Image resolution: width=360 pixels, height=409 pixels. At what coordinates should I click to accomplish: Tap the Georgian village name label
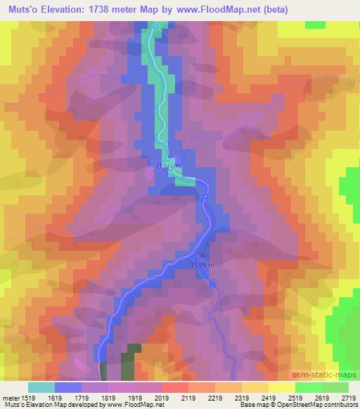coord(169,167)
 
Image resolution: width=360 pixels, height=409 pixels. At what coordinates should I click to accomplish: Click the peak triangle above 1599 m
coord(205,256)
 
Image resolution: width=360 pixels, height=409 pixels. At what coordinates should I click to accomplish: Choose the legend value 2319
coord(241,398)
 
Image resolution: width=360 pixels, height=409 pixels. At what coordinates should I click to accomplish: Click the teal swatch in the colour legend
coord(41,387)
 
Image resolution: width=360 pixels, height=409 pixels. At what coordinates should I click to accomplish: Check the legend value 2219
coord(216,398)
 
